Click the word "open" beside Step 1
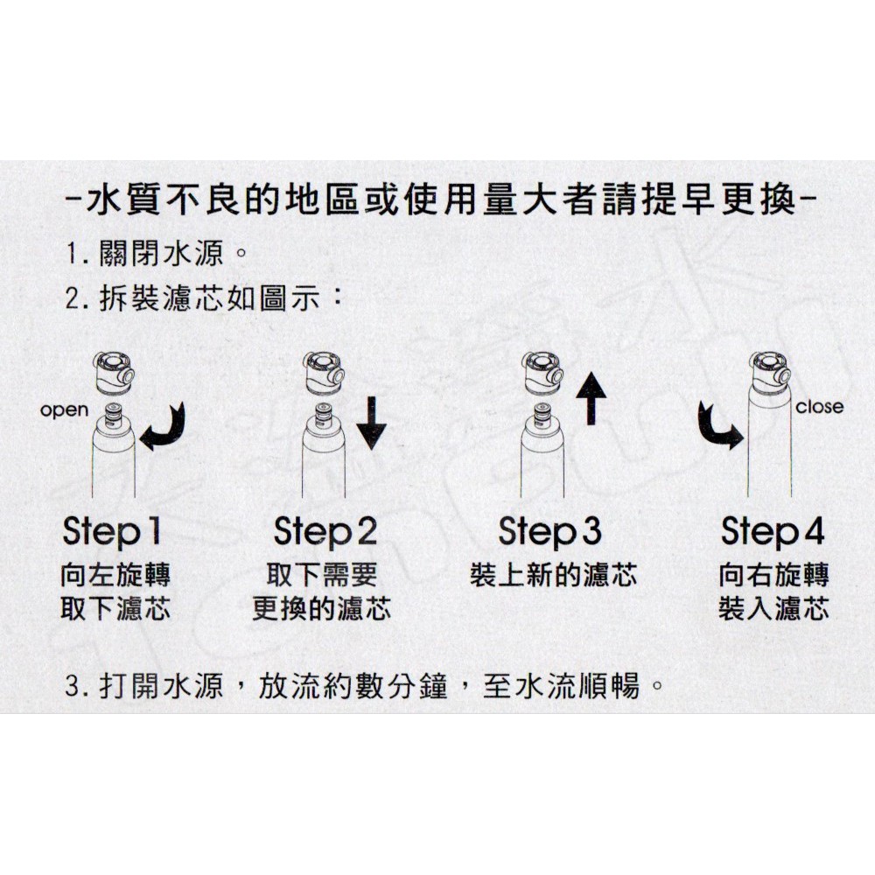[x=64, y=410]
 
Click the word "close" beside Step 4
[x=819, y=406]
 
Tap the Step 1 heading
[x=112, y=532]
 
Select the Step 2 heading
[x=325, y=532]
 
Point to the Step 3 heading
[x=549, y=532]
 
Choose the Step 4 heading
[x=773, y=532]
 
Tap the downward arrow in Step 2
[x=372, y=423]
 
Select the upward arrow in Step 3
[x=591, y=398]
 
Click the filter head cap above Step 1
[x=113, y=372]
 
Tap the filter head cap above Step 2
[x=325, y=372]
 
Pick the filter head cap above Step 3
[x=542, y=372]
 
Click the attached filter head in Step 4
[x=770, y=372]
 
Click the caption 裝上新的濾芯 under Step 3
[x=553, y=576]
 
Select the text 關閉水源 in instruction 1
[x=161, y=253]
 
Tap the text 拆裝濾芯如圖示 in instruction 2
[x=210, y=299]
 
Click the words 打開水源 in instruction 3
[x=161, y=685]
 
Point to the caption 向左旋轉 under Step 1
[x=115, y=576]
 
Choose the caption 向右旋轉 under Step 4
[x=773, y=576]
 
